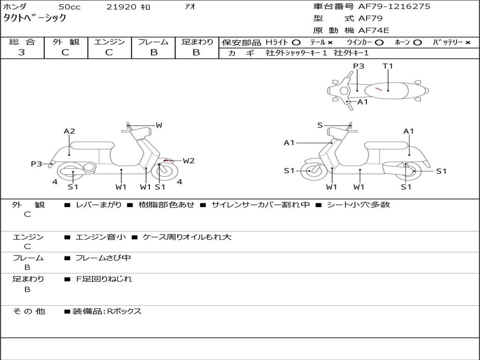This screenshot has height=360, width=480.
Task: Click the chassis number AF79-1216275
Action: click(x=394, y=7)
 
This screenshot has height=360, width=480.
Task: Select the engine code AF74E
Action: click(x=374, y=30)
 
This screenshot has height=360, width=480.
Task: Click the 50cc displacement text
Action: click(x=69, y=7)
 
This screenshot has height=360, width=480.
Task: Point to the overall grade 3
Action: click(x=22, y=52)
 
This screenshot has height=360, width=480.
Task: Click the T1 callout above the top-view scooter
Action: click(x=388, y=66)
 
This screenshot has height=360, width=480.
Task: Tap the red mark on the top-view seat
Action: click(x=379, y=89)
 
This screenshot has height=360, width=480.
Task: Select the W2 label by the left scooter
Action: click(x=188, y=161)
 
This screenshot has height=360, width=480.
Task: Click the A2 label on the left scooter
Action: click(x=69, y=131)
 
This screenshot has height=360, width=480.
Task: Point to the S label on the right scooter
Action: click(x=320, y=125)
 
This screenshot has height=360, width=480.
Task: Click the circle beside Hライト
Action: click(x=296, y=43)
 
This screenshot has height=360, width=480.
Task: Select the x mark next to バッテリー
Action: click(x=468, y=43)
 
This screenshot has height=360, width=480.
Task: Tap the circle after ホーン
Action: click(x=417, y=43)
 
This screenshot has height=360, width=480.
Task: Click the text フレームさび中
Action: click(x=103, y=258)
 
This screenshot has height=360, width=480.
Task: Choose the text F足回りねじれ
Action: click(x=104, y=279)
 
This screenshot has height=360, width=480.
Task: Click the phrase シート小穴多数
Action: click(x=358, y=204)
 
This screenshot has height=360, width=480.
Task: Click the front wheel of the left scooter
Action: click(x=165, y=171)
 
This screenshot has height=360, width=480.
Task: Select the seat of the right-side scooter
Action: click(x=387, y=146)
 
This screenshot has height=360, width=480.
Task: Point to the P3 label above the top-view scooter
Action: click(x=359, y=66)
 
